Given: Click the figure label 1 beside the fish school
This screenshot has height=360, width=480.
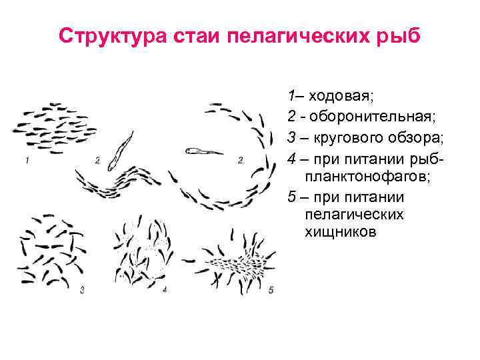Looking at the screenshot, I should click(x=27, y=160).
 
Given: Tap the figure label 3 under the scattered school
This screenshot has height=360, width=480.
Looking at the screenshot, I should click(x=81, y=290).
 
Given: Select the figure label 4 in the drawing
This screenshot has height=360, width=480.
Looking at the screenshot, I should click(x=164, y=290).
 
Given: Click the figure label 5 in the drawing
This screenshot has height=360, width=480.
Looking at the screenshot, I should click(x=270, y=290).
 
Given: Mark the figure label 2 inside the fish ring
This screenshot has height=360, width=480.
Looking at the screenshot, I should click(x=240, y=160).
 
